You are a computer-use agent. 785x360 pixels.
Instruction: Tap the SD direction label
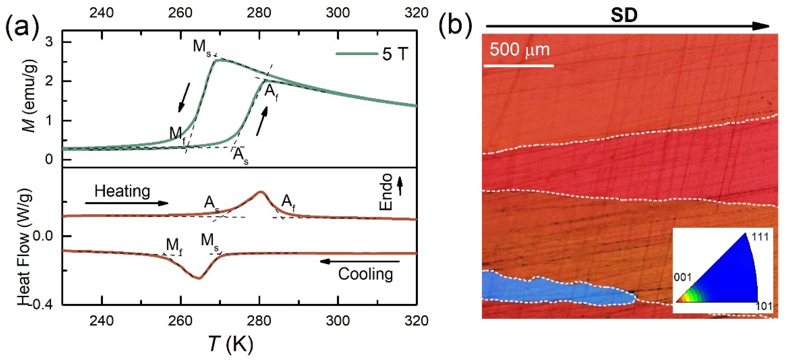point(624,15)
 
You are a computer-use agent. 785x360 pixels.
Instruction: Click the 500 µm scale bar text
point(519,50)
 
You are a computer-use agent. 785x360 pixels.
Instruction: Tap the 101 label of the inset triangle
point(763,306)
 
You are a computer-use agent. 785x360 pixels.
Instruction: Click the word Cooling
point(365,274)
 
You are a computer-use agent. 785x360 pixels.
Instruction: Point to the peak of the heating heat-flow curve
point(260,192)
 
